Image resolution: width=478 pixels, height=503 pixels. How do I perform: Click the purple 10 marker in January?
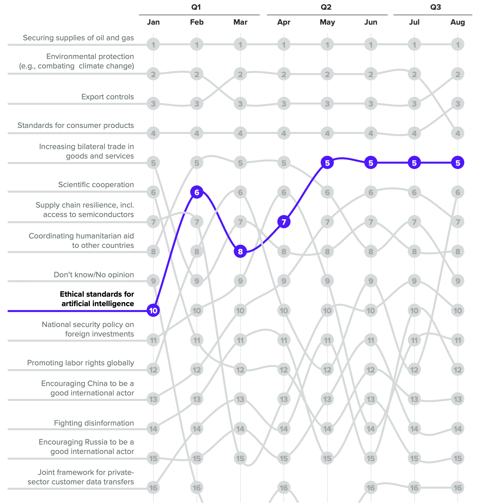click(153, 310)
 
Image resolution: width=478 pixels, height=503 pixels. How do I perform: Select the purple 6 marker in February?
click(197, 192)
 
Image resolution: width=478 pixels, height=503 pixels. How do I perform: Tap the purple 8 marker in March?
click(240, 252)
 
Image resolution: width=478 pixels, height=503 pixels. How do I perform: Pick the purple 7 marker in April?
click(284, 222)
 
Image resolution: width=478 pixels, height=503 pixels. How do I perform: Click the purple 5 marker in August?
click(458, 163)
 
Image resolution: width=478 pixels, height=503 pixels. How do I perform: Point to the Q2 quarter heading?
click(326, 7)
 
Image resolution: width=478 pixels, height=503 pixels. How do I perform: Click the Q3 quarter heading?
click(435, 7)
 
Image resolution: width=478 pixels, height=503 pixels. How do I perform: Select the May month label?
click(327, 22)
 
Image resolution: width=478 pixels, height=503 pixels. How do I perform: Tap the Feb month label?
click(197, 22)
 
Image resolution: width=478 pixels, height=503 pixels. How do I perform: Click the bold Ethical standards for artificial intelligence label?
click(97, 299)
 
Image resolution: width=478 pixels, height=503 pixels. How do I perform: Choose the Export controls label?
click(108, 97)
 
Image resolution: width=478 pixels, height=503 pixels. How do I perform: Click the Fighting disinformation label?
click(94, 423)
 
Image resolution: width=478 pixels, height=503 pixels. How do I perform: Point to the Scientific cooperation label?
click(96, 185)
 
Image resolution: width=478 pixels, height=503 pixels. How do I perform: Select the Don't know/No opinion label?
click(94, 275)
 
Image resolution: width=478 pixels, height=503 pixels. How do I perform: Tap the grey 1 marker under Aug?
click(458, 45)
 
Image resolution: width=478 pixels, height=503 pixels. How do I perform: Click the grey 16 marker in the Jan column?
click(153, 488)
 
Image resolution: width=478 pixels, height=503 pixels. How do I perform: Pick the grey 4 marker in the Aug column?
click(458, 133)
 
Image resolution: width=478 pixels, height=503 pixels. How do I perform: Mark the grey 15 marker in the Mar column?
click(240, 458)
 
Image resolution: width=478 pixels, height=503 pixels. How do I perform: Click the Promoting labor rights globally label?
click(80, 363)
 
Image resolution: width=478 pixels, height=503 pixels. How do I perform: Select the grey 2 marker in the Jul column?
click(414, 74)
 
